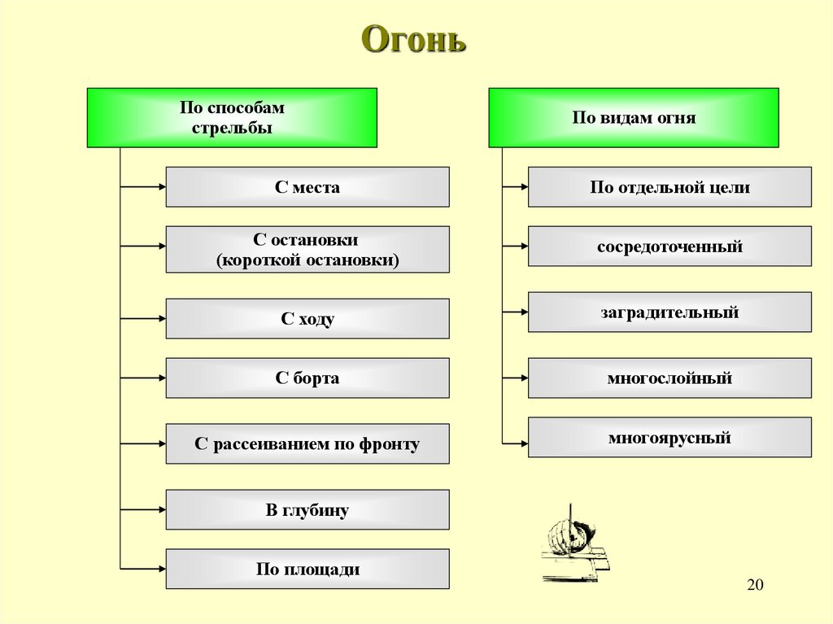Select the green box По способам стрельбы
(232, 118)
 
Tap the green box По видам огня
(633, 118)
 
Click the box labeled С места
(307, 187)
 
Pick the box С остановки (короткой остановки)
(307, 250)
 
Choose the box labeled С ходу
(307, 319)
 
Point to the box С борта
(307, 378)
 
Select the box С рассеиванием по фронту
(307, 444)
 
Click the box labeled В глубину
(307, 510)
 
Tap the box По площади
(307, 569)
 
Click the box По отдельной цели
(669, 187)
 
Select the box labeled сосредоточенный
(669, 247)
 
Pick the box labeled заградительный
(669, 312)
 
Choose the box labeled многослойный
(669, 378)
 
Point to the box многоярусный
(669, 438)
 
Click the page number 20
(756, 586)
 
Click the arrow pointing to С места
(143, 187)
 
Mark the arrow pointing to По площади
(143, 569)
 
